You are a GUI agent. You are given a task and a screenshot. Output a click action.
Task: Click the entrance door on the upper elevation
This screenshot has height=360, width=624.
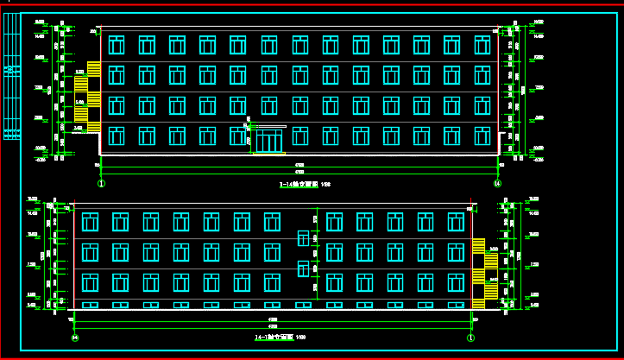coord(269,140)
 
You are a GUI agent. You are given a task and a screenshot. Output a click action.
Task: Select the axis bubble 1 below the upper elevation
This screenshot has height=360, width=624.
coord(101,183)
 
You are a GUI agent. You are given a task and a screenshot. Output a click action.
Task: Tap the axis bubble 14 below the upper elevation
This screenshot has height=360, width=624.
coord(497,183)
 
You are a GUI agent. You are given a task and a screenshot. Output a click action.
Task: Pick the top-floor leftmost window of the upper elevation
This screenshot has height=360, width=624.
coord(117,44)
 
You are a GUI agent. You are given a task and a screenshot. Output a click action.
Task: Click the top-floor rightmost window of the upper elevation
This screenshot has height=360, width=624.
coord(482,44)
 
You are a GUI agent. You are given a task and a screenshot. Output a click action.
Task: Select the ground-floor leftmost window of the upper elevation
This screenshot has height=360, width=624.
coord(117,136)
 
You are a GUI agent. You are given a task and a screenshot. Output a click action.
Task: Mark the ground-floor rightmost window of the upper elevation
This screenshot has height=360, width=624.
coord(482,136)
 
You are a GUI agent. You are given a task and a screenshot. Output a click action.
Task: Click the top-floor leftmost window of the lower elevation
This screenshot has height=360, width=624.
coord(90,222)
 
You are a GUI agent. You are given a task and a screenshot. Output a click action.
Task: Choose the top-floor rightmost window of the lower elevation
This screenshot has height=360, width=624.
coord(455,222)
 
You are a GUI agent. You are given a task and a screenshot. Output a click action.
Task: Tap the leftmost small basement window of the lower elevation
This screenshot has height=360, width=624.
coord(90,305)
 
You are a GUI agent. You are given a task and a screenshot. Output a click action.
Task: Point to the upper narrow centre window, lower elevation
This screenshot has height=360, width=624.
coord(303,238)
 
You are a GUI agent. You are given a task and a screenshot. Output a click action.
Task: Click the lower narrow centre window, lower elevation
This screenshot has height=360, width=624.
coord(303,268)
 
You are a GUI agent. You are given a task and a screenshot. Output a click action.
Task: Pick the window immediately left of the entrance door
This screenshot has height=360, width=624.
coord(236,136)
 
